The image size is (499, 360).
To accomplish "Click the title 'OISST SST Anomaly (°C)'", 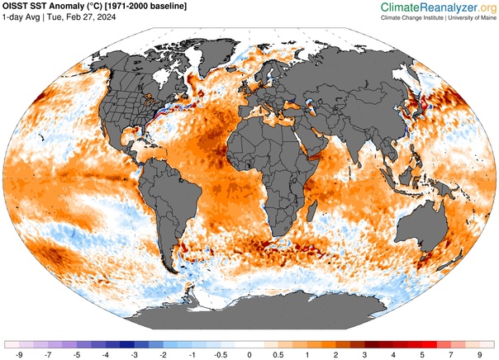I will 59,7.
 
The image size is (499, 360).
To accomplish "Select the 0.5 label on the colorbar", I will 278,353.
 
